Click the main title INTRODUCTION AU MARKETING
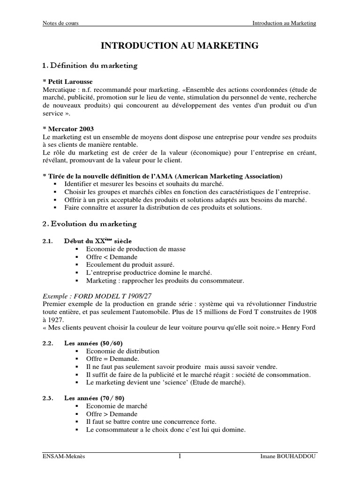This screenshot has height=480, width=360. (x=180, y=45)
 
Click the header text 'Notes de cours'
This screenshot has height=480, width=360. (x=60, y=23)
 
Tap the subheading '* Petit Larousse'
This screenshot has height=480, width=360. (x=67, y=82)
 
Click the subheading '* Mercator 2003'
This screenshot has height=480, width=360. (x=68, y=129)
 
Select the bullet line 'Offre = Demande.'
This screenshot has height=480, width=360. (x=110, y=359)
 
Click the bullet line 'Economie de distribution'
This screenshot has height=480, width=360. (x=123, y=351)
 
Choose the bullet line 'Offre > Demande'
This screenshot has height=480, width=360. (x=112, y=414)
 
